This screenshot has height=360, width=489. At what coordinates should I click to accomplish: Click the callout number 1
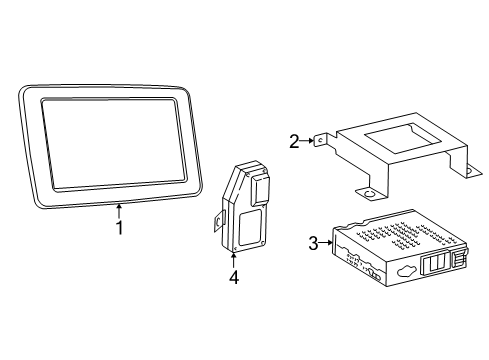click(x=119, y=227)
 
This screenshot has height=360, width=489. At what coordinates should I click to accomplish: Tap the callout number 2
click(x=294, y=142)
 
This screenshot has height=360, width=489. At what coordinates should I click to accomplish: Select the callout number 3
click(x=313, y=243)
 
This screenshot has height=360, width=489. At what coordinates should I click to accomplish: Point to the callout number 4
click(x=234, y=277)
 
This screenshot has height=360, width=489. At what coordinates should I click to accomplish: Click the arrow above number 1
click(x=119, y=211)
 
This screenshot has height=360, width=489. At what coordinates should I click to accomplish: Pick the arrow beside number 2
click(x=306, y=141)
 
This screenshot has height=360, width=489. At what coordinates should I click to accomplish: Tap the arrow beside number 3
click(x=325, y=243)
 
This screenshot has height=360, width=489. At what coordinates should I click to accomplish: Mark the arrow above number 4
click(x=233, y=260)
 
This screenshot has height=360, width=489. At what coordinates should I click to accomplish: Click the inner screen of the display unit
click(x=113, y=145)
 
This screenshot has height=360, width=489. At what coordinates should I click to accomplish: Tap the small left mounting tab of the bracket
click(x=320, y=140)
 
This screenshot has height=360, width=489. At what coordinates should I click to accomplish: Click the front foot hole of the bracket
click(x=369, y=193)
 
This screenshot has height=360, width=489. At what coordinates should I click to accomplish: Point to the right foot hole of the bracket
click(x=469, y=171)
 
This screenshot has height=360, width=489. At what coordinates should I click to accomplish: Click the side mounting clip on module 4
click(x=219, y=221)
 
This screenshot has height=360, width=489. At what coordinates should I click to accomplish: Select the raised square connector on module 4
click(x=260, y=190)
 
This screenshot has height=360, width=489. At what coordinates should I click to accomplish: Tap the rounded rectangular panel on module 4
click(x=250, y=228)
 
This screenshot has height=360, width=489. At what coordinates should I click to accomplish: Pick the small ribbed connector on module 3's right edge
click(x=459, y=259)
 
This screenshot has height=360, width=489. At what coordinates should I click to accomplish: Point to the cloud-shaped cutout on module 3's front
click(x=407, y=270)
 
